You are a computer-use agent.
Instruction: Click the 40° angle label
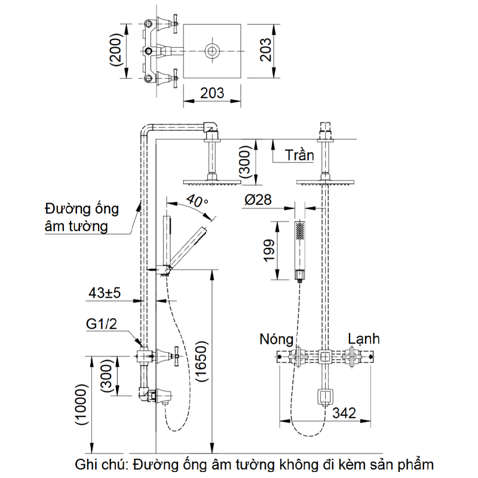pos(196,201)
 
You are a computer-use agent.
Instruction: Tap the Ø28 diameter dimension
pos(258,200)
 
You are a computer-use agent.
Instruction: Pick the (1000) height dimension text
pos(82,413)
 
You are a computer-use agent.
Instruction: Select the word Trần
pos(299,155)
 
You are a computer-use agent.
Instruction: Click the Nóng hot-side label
pos(277,339)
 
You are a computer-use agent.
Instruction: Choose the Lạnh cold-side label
pos(364,339)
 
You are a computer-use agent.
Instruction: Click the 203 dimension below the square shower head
pos(212,93)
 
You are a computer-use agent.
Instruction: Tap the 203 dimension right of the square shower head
pos(266,50)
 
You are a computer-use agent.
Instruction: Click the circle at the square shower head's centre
pos(212,51)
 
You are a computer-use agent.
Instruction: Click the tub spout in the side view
pos(161,396)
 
